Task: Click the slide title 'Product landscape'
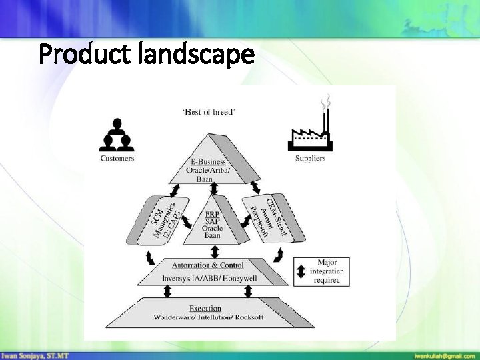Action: click(147, 55)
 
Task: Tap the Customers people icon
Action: click(117, 135)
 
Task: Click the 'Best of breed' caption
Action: click(209, 112)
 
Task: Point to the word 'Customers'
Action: click(117, 158)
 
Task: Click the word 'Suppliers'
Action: click(310, 158)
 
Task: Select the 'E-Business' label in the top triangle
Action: click(208, 161)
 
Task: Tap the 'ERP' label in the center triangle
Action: click(213, 214)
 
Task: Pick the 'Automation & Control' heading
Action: click(208, 265)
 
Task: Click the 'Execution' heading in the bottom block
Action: click(205, 308)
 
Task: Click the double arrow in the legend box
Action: click(301, 272)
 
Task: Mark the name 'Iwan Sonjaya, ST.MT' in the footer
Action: click(35, 355)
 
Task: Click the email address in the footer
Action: click(445, 355)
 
